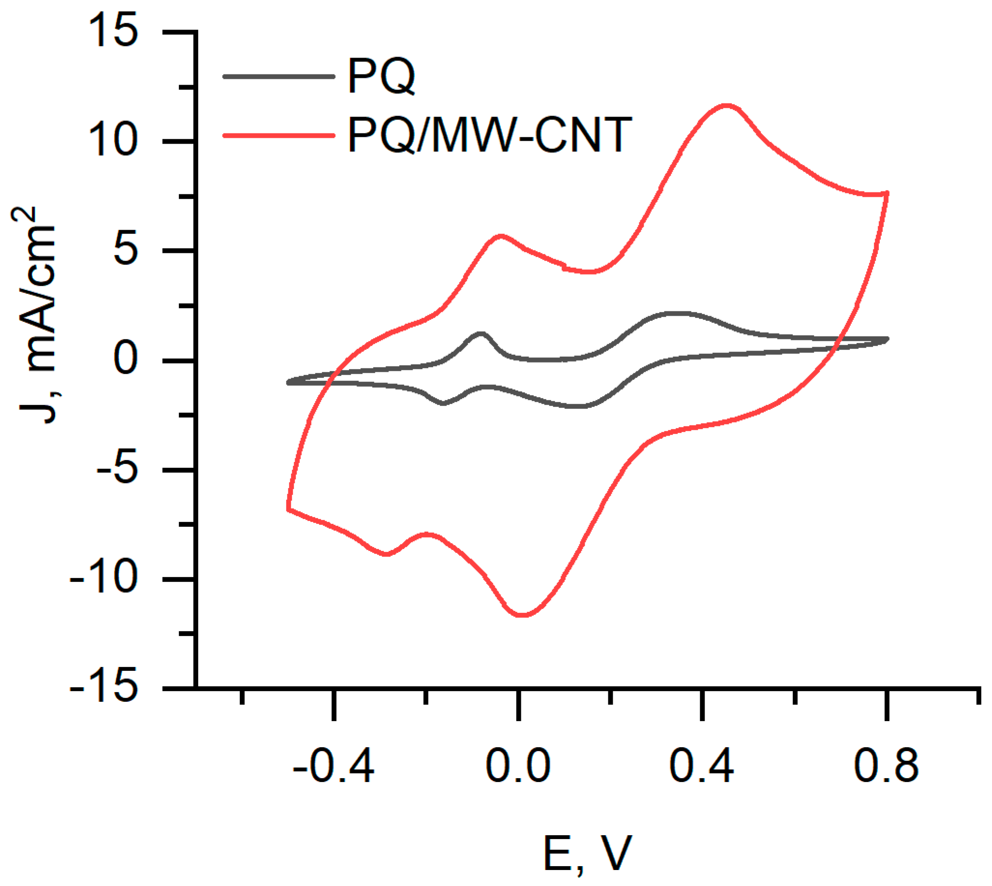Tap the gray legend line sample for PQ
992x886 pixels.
click(279, 76)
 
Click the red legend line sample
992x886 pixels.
click(279, 135)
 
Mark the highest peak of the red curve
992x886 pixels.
click(726, 106)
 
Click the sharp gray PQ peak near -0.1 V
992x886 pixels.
click(481, 334)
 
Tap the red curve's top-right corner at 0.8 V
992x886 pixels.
click(887, 193)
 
